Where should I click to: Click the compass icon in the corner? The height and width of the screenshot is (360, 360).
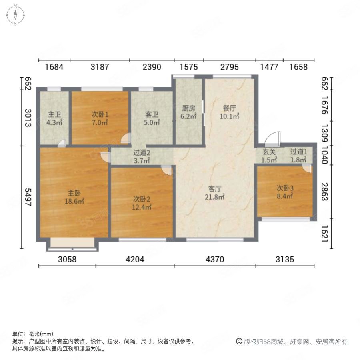coord(15,15)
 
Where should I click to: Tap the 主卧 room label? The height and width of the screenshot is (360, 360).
coord(74,193)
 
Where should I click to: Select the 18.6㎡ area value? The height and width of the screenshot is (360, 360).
coord(74,201)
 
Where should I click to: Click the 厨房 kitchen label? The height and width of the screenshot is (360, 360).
coord(188,108)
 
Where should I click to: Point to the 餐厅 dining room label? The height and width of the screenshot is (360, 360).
coord(229,108)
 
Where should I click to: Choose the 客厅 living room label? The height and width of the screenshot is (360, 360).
coord(215,189)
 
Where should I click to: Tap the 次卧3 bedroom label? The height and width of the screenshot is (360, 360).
coord(285,188)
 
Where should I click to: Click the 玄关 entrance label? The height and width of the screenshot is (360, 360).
coord(269,152)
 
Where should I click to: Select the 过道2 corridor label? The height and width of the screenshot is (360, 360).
coord(142,152)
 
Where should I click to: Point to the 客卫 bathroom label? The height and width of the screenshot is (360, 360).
coord(152,114)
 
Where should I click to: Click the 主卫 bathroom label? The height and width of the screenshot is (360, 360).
coord(54,114)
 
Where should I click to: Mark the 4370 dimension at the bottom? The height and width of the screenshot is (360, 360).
coord(215,260)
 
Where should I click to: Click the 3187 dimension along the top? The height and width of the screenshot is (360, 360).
coord(100,67)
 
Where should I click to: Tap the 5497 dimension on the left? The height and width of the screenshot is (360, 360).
coord(28,197)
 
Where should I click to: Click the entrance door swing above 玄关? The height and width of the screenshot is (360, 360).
coord(273,139)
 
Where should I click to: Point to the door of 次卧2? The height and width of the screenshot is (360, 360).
coord(167,170)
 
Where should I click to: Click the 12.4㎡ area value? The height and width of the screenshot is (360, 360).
coord(142,207)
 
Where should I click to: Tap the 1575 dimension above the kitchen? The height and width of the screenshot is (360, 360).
coord(188,67)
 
